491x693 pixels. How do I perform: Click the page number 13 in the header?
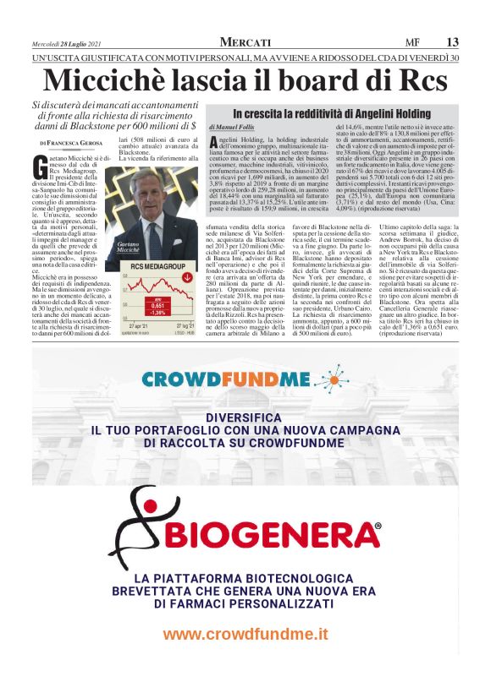pos(453,42)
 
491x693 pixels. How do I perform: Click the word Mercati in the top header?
pos(245,42)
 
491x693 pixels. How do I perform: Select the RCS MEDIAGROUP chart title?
pos(150,267)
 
